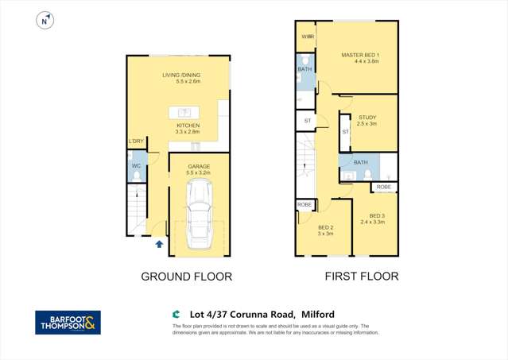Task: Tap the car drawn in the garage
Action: point(199,215)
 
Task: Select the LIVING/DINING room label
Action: point(181,75)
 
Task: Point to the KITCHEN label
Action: point(188,126)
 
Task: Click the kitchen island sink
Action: point(182,111)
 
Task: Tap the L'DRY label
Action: point(137,141)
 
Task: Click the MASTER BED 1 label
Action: point(360,55)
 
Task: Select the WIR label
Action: point(306,37)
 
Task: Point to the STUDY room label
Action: point(366,117)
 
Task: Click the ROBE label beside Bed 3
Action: point(384,188)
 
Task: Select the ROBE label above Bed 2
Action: point(304,204)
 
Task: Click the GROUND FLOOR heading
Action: point(186,277)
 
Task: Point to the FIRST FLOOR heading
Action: point(361,277)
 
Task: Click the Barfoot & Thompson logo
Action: point(68,322)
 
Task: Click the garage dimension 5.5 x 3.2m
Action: point(199,172)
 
